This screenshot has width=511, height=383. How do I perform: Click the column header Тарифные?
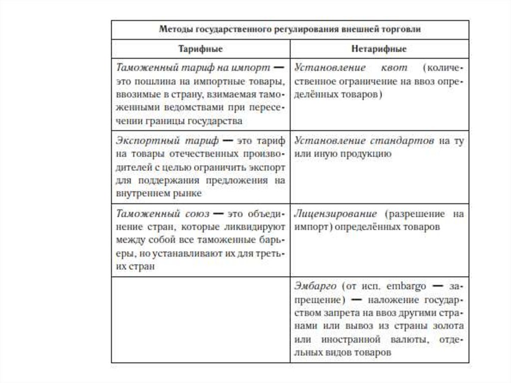pyautogui.click(x=201, y=49)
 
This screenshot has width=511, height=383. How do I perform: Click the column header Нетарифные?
pyautogui.click(x=380, y=49)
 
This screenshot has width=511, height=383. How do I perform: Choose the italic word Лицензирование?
pyautogui.click(x=336, y=214)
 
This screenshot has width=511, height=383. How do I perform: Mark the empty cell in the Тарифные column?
pyautogui.click(x=201, y=320)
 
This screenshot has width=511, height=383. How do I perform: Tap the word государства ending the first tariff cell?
pyautogui.click(x=217, y=121)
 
